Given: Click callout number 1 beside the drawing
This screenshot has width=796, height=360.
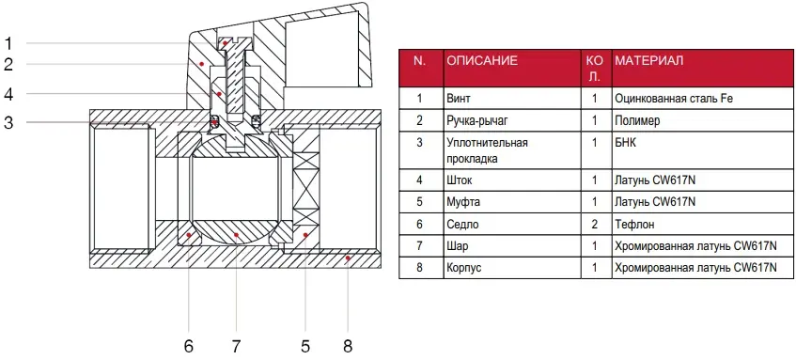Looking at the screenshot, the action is click(8, 43).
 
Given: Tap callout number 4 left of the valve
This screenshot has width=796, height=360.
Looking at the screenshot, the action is click(8, 94).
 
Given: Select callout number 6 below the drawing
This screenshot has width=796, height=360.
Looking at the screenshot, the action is click(189, 346).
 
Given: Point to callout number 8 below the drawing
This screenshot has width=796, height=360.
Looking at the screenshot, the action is click(347, 346).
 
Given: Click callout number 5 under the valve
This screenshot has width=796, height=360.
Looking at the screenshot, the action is click(304, 346).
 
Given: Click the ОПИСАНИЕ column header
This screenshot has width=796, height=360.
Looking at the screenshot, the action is click(482, 61).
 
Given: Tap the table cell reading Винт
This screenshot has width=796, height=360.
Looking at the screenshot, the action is click(459, 98).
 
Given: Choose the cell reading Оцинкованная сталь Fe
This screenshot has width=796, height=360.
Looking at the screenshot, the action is click(674, 98).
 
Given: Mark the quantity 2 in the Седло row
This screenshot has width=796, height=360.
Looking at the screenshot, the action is click(595, 224).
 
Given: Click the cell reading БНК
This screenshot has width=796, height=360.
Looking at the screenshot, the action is click(625, 143).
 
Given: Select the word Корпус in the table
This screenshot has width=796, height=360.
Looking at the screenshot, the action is click(464, 268).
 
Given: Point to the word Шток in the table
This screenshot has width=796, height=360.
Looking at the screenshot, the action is click(460, 180).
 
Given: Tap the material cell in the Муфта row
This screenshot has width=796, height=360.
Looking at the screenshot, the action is click(654, 202).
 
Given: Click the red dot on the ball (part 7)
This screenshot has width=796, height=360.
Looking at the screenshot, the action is click(237, 235).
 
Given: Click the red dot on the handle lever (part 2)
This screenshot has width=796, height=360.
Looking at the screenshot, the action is click(201, 64).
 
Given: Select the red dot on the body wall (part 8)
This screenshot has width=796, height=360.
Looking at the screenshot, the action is click(347, 258).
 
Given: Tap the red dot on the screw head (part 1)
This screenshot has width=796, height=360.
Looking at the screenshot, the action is click(225, 43).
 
